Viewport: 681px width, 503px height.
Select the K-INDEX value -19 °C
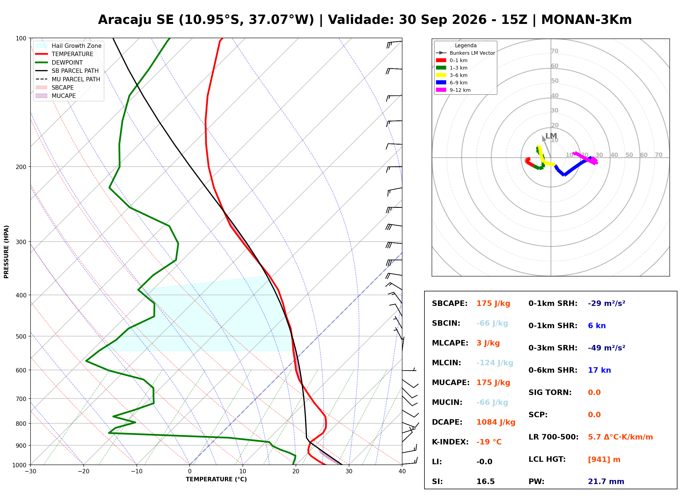pyautogui.click(x=489, y=442)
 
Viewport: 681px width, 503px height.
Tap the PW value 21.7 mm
pyautogui.click(x=606, y=482)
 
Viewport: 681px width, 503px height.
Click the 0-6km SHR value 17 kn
pyautogui.click(x=599, y=370)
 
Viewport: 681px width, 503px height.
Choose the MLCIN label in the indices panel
pyautogui.click(x=446, y=363)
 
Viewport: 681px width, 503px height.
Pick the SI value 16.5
pyautogui.click(x=486, y=482)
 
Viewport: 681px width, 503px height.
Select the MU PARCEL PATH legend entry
pyautogui.click(x=68, y=79)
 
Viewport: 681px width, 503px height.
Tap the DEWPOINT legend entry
pyautogui.click(x=59, y=62)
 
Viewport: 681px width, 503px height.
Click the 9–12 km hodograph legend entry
pyautogui.click(x=453, y=90)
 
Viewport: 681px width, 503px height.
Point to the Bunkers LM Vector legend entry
pyautogui.click(x=465, y=53)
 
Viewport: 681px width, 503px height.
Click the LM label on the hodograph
pyautogui.click(x=551, y=136)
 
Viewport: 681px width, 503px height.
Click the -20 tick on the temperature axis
pyautogui.click(x=83, y=472)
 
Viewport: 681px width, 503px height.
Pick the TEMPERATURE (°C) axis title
pyautogui.click(x=216, y=480)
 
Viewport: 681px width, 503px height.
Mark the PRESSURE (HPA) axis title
pyautogui.click(x=6, y=252)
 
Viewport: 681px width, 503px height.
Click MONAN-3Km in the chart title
pyautogui.click(x=587, y=20)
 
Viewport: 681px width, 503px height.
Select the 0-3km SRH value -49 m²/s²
pyautogui.click(x=607, y=348)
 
